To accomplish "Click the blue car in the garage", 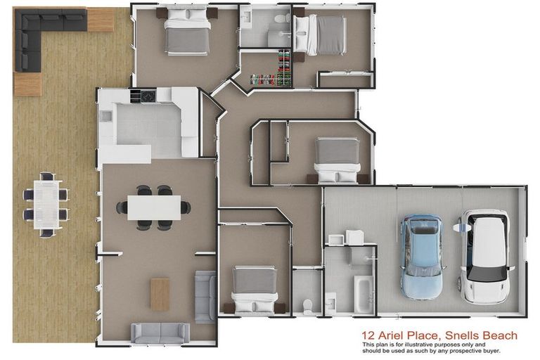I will click(421, 256).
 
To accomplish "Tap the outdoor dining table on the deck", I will click(47, 204).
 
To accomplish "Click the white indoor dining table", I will click(153, 207).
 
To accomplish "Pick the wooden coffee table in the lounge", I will click(160, 294).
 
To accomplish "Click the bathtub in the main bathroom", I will click(366, 294).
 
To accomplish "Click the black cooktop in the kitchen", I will click(148, 96).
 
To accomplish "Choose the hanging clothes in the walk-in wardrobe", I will click(283, 67).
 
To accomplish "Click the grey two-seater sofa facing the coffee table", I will click(161, 332).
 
